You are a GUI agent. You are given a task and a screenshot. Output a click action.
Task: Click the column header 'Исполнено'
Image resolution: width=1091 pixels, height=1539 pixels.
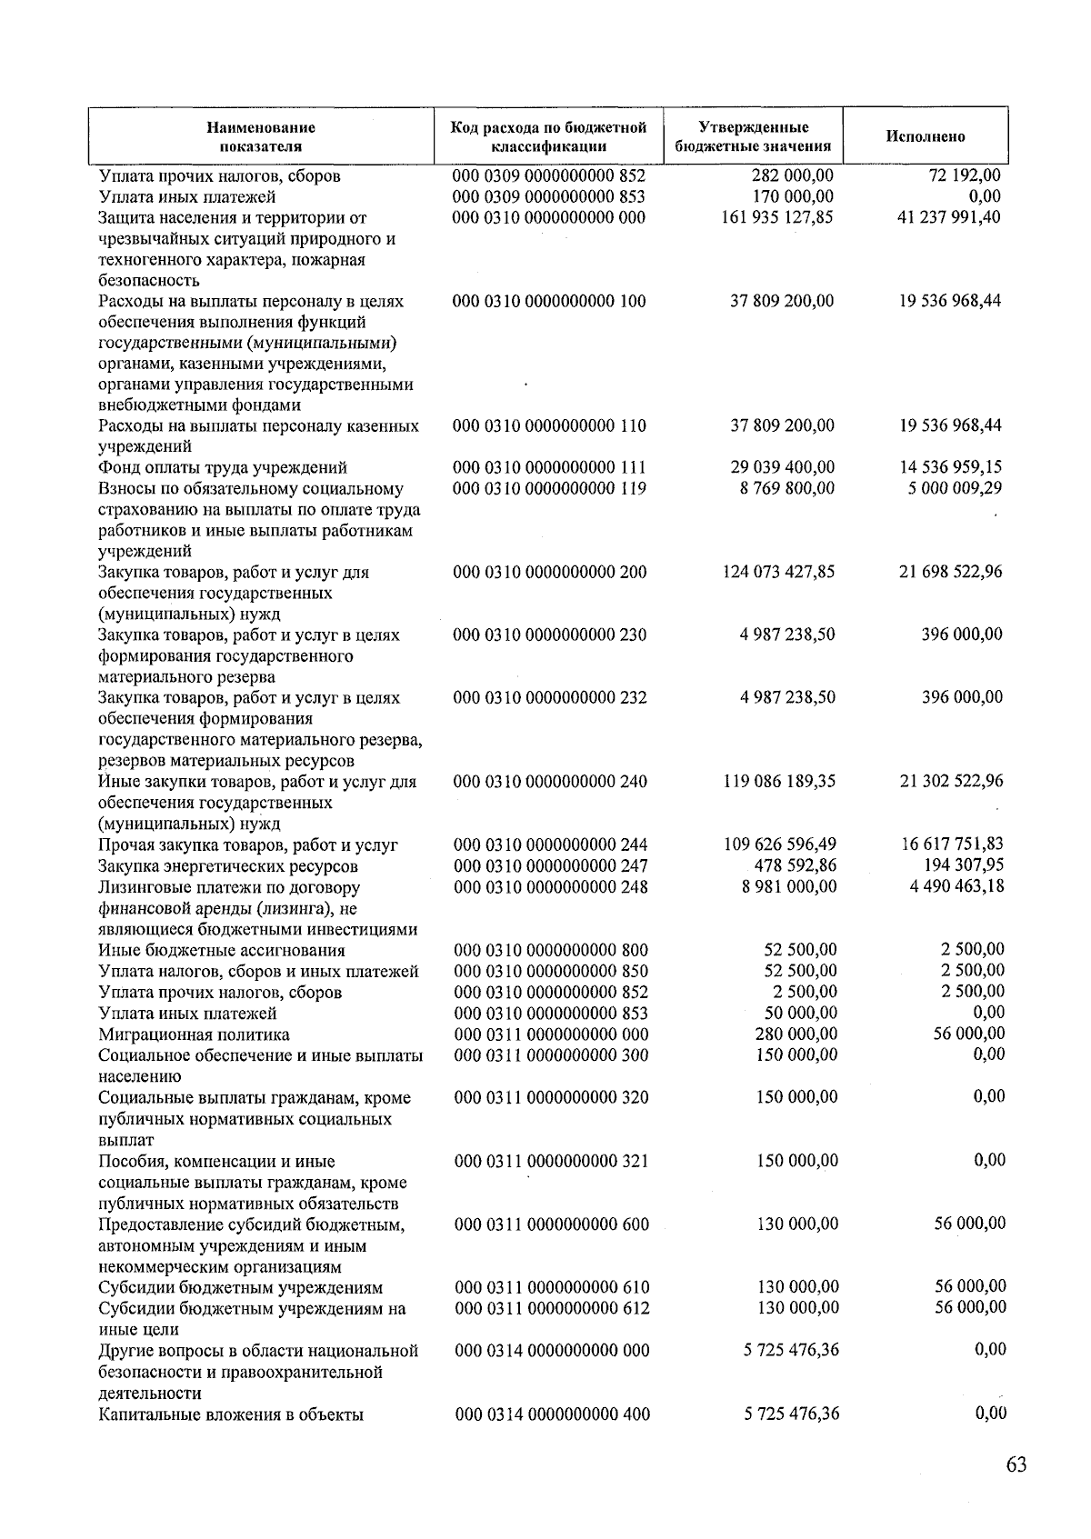coord(925,136)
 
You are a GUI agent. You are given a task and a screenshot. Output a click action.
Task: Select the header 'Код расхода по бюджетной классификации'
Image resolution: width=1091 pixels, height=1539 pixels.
coord(548,136)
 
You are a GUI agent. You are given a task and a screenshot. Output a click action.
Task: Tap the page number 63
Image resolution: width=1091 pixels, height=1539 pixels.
coord(1016,1464)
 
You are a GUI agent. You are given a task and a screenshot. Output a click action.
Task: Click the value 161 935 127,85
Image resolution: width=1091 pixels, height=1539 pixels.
coord(776,217)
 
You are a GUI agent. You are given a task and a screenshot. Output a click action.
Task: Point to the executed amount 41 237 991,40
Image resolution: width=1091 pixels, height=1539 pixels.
coord(948,217)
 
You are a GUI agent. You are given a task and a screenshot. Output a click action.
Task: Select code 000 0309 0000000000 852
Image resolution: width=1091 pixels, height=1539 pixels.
coord(548,175)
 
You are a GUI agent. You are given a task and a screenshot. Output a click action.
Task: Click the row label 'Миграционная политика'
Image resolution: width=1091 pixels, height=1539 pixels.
coord(194,1034)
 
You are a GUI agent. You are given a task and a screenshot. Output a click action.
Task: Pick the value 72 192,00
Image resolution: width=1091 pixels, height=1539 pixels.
coord(965,175)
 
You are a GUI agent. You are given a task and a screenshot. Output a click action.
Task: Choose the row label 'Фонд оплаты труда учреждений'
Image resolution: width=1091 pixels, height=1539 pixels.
coord(223,468)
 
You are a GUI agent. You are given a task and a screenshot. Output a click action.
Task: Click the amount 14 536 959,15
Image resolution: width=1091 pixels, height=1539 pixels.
coord(950,467)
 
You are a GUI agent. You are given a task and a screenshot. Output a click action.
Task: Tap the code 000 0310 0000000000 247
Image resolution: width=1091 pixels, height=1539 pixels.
coord(550,866)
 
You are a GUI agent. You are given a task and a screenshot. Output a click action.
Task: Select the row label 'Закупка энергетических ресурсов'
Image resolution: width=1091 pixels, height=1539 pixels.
coord(228,866)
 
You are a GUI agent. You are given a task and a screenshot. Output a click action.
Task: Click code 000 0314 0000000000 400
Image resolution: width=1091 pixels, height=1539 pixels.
coord(552,1414)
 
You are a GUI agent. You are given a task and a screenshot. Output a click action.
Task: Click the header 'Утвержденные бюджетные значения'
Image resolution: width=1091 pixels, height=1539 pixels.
coord(753,136)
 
